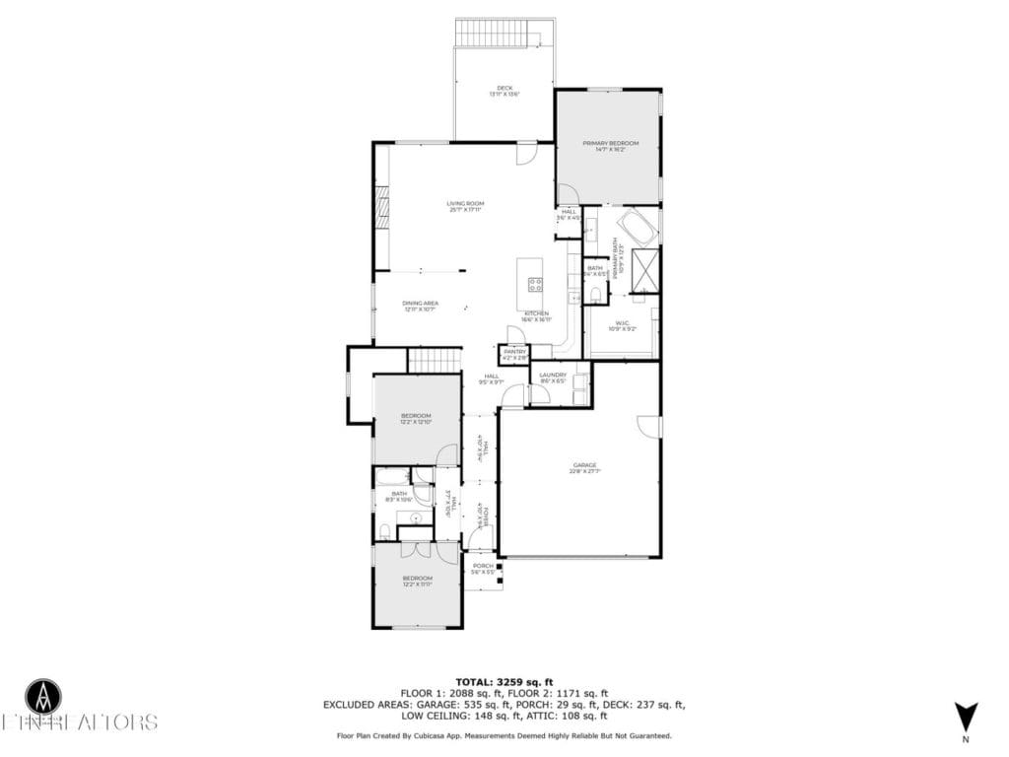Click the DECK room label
(x=504, y=91)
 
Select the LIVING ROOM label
(x=466, y=206)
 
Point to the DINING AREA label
(x=421, y=306)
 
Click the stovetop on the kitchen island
(x=535, y=285)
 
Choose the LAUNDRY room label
(x=553, y=377)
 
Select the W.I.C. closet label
(x=623, y=325)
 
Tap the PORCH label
(x=483, y=568)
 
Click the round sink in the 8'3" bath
(x=416, y=516)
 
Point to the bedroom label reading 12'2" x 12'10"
(x=416, y=418)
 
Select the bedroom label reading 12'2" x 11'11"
(x=417, y=581)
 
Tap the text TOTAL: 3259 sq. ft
(x=504, y=682)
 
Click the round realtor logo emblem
(x=42, y=696)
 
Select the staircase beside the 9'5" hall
(x=435, y=361)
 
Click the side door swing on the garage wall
(x=649, y=426)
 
